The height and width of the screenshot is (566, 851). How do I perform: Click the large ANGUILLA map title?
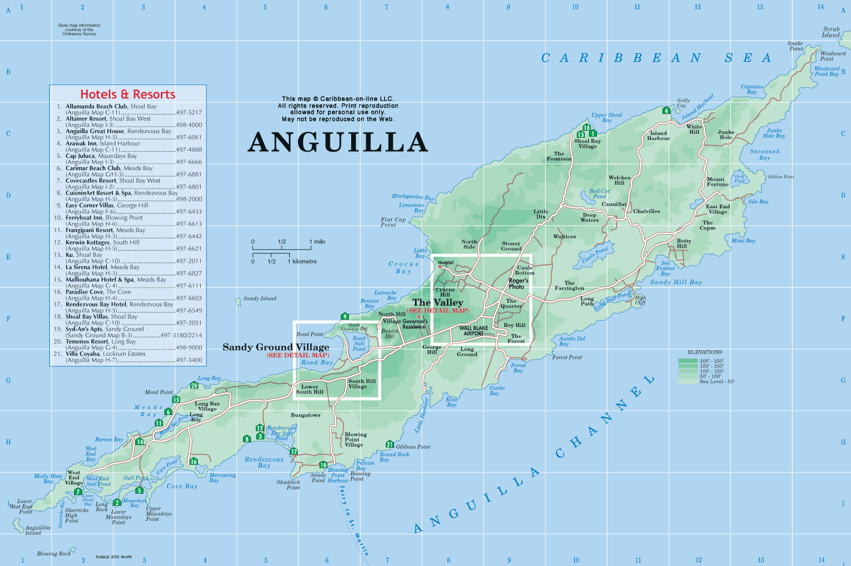338,142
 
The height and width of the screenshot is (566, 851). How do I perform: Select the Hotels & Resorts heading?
127,94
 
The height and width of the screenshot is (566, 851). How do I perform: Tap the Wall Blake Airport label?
473,330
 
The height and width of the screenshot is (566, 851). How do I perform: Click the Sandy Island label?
259,299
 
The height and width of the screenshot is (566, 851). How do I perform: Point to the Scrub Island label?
831,32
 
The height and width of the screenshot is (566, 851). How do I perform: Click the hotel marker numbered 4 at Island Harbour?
666,111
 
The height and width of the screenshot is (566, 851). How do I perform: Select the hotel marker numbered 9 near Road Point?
345,317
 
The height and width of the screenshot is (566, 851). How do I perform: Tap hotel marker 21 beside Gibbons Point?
389,444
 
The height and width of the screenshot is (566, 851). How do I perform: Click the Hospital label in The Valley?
446,263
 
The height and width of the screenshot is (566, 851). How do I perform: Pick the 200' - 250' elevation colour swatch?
687,361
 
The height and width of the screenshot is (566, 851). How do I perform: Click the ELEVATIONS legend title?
705,352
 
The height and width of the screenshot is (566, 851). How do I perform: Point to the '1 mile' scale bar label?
317,242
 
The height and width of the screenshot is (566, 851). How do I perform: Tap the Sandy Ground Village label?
276,347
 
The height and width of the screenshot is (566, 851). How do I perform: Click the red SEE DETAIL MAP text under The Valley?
437,310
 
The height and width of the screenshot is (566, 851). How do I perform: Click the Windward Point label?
832,56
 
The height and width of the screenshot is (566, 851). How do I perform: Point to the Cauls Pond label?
595,255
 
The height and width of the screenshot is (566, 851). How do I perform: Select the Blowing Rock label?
54,553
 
